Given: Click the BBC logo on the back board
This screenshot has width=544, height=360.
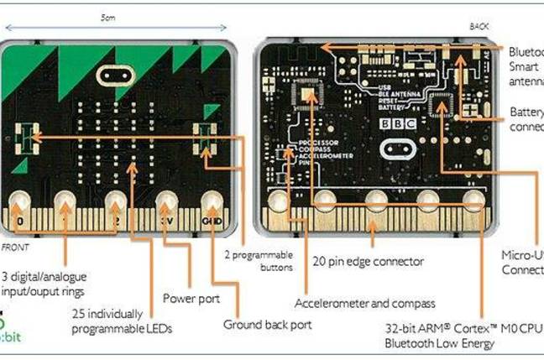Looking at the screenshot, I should click(395, 122).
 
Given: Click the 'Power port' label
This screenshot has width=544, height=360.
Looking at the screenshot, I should click(190, 297).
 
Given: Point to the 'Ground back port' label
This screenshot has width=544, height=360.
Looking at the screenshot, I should click(267, 324).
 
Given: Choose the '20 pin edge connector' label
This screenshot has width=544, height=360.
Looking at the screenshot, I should click(367, 262).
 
